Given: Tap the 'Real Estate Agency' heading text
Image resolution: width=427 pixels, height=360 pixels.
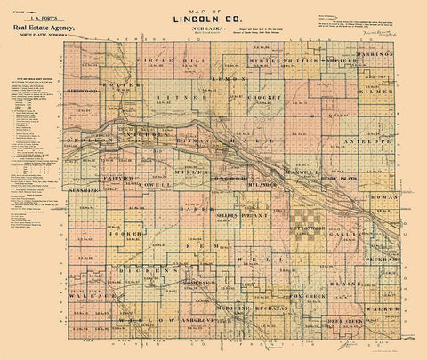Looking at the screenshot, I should click(39, 28).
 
